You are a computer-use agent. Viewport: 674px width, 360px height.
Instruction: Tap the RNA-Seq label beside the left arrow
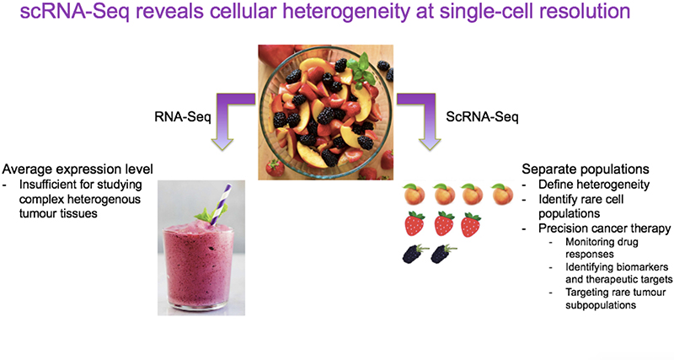[x=183, y=116]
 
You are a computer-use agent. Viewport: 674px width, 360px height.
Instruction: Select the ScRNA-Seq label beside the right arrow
[x=482, y=116]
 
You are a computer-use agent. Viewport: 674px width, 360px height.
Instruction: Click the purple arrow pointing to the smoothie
[x=230, y=116]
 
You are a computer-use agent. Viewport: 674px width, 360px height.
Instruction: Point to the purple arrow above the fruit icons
[x=420, y=116]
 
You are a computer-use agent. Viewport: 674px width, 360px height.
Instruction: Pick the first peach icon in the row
[x=415, y=194]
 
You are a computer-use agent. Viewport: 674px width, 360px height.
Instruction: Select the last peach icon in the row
[x=502, y=194]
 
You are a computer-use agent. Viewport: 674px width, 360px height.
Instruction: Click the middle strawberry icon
[x=444, y=223]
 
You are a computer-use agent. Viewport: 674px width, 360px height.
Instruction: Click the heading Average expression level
[x=78, y=169]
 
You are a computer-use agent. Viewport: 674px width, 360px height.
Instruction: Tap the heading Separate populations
[x=586, y=169]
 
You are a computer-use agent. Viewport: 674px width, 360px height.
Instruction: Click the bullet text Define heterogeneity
[x=594, y=185]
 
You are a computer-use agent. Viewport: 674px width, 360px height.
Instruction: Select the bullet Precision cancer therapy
[x=605, y=228]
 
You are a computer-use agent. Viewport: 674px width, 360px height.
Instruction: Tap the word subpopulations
[x=601, y=305]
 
